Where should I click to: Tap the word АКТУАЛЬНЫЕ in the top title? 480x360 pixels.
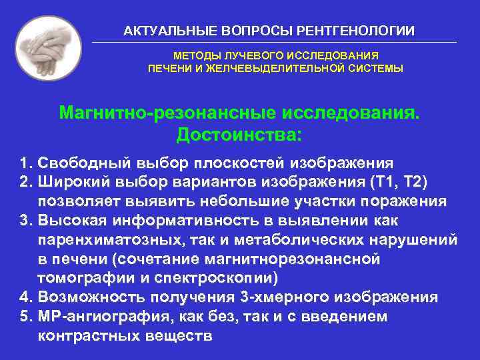click(x=159, y=31)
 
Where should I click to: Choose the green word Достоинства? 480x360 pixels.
click(x=239, y=135)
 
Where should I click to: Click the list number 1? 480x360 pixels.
click(x=25, y=163)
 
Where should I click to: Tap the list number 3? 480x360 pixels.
click(x=25, y=221)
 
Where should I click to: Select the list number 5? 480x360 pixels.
click(x=25, y=317)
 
